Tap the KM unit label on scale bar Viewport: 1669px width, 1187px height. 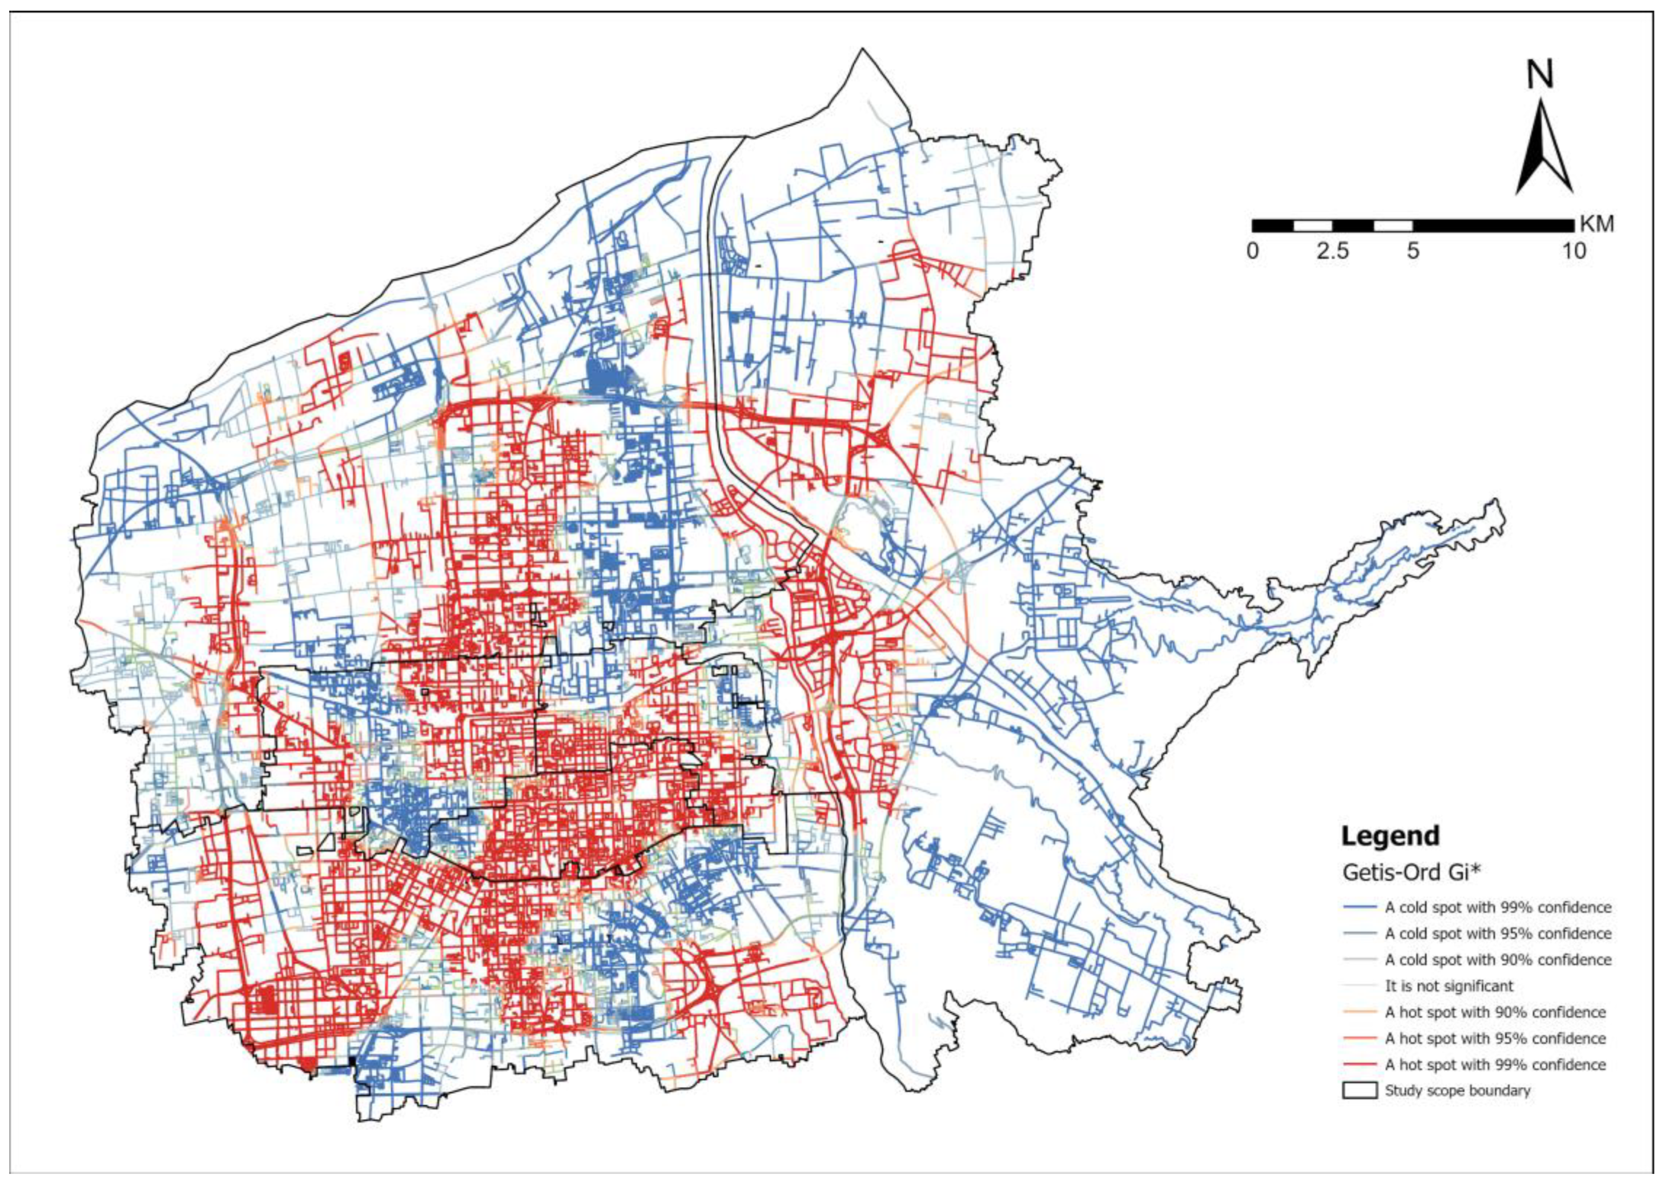click(1596, 224)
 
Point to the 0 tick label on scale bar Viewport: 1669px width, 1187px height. click(1253, 251)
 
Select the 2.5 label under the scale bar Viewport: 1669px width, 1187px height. click(1332, 251)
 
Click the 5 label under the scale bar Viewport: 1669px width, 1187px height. click(1413, 251)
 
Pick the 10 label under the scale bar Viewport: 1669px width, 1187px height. click(1574, 251)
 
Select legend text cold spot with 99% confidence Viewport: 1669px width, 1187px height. click(1498, 907)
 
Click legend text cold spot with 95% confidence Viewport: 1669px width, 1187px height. click(1498, 933)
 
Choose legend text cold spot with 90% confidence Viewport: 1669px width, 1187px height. click(1498, 960)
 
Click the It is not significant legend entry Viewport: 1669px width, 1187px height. click(1449, 986)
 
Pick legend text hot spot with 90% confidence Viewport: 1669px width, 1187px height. click(1495, 1012)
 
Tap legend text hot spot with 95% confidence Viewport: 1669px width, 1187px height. click(1495, 1039)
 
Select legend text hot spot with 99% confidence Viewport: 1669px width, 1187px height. click(1495, 1065)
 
